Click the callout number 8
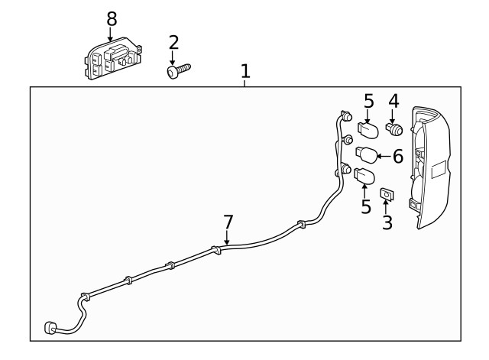pos(112,18)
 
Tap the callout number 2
pos(173,42)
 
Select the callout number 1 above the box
pos(245,72)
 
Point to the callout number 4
pos(393,101)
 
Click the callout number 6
pos(397,157)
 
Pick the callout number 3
pos(387,223)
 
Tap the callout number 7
pos(228,222)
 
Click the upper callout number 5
pos(368,101)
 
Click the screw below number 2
pos(178,71)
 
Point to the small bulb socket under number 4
pos(394,128)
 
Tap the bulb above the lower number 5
pos(365,177)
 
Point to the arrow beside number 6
pos(384,157)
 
